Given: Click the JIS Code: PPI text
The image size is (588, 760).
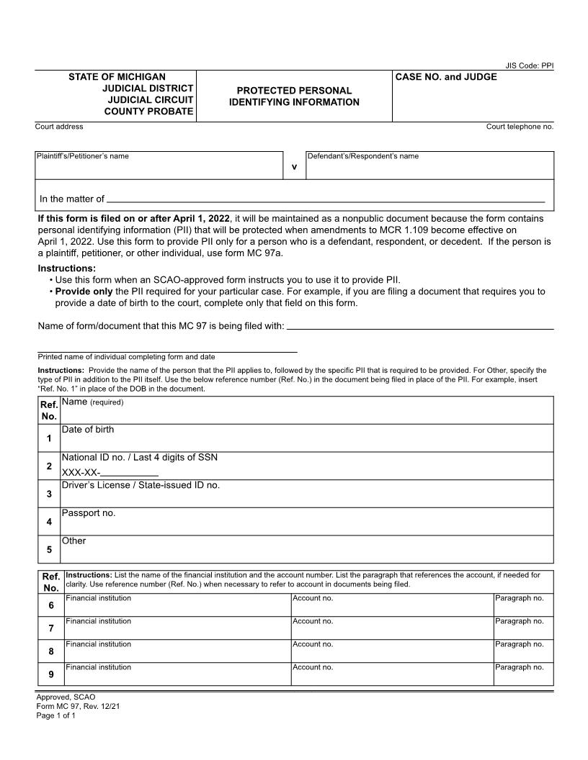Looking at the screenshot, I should pos(529,65).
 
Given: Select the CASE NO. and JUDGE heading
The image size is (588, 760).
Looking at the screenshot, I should pos(446,77).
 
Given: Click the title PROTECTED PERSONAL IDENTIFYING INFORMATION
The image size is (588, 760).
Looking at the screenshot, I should pos(294,96).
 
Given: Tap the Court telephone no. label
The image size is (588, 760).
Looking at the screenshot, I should pos(520,127).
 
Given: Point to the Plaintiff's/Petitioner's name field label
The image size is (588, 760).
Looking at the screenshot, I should pos(83,156).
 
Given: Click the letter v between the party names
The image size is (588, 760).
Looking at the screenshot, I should pos(294,167).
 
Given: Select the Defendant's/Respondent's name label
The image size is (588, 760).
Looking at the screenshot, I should pos(362,156).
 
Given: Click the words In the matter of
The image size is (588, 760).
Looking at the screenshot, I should pos(72,199).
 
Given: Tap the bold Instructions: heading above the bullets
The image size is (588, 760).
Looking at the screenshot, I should pos(67,268).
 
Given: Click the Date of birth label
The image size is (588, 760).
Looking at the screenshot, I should pos(88,430).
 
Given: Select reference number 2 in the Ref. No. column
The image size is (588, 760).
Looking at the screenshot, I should pos(49,466).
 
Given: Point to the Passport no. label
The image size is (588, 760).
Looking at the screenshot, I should pos(89,513).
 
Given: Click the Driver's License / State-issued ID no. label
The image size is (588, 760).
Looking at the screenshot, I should pos(141,486).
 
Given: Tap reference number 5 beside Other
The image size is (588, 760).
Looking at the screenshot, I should pos(49,551).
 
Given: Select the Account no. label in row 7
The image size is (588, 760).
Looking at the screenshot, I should pos(313,621).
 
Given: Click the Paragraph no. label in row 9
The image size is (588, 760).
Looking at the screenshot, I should pos(519,667).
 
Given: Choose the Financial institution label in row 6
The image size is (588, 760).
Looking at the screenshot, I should pos(98,598).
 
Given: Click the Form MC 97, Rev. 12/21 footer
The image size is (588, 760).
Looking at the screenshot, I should pos(78,707).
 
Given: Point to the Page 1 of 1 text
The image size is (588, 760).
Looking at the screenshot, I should pos(55,716).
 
